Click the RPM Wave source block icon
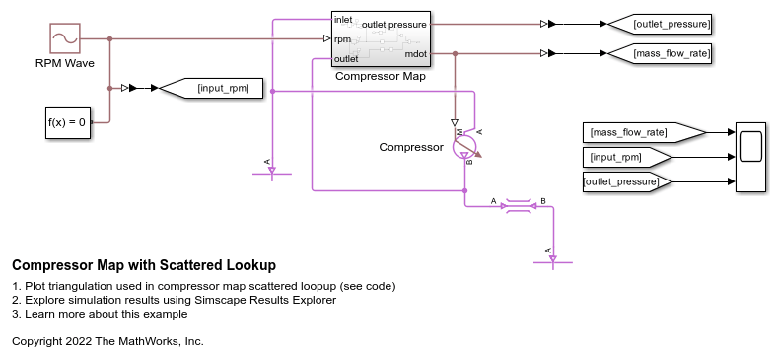point(64,38)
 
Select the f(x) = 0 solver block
point(67,123)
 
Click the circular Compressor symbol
point(464,148)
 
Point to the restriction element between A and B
point(518,206)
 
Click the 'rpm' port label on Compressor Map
point(343,39)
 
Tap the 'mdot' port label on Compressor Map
point(416,54)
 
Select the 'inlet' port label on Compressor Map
point(344,19)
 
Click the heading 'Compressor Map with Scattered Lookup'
point(144,265)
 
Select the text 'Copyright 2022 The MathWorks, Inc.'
point(107,340)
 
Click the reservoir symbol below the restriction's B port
point(552,260)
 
